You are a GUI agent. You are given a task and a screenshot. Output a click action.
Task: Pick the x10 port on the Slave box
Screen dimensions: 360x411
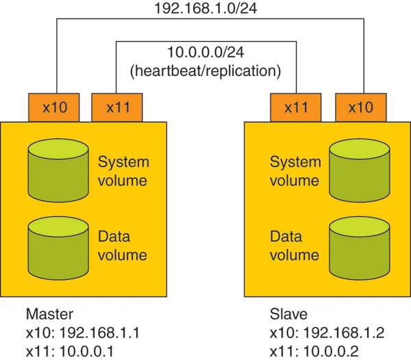point(360,107)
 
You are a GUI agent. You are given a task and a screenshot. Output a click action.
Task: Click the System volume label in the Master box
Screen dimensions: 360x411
point(123,171)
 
